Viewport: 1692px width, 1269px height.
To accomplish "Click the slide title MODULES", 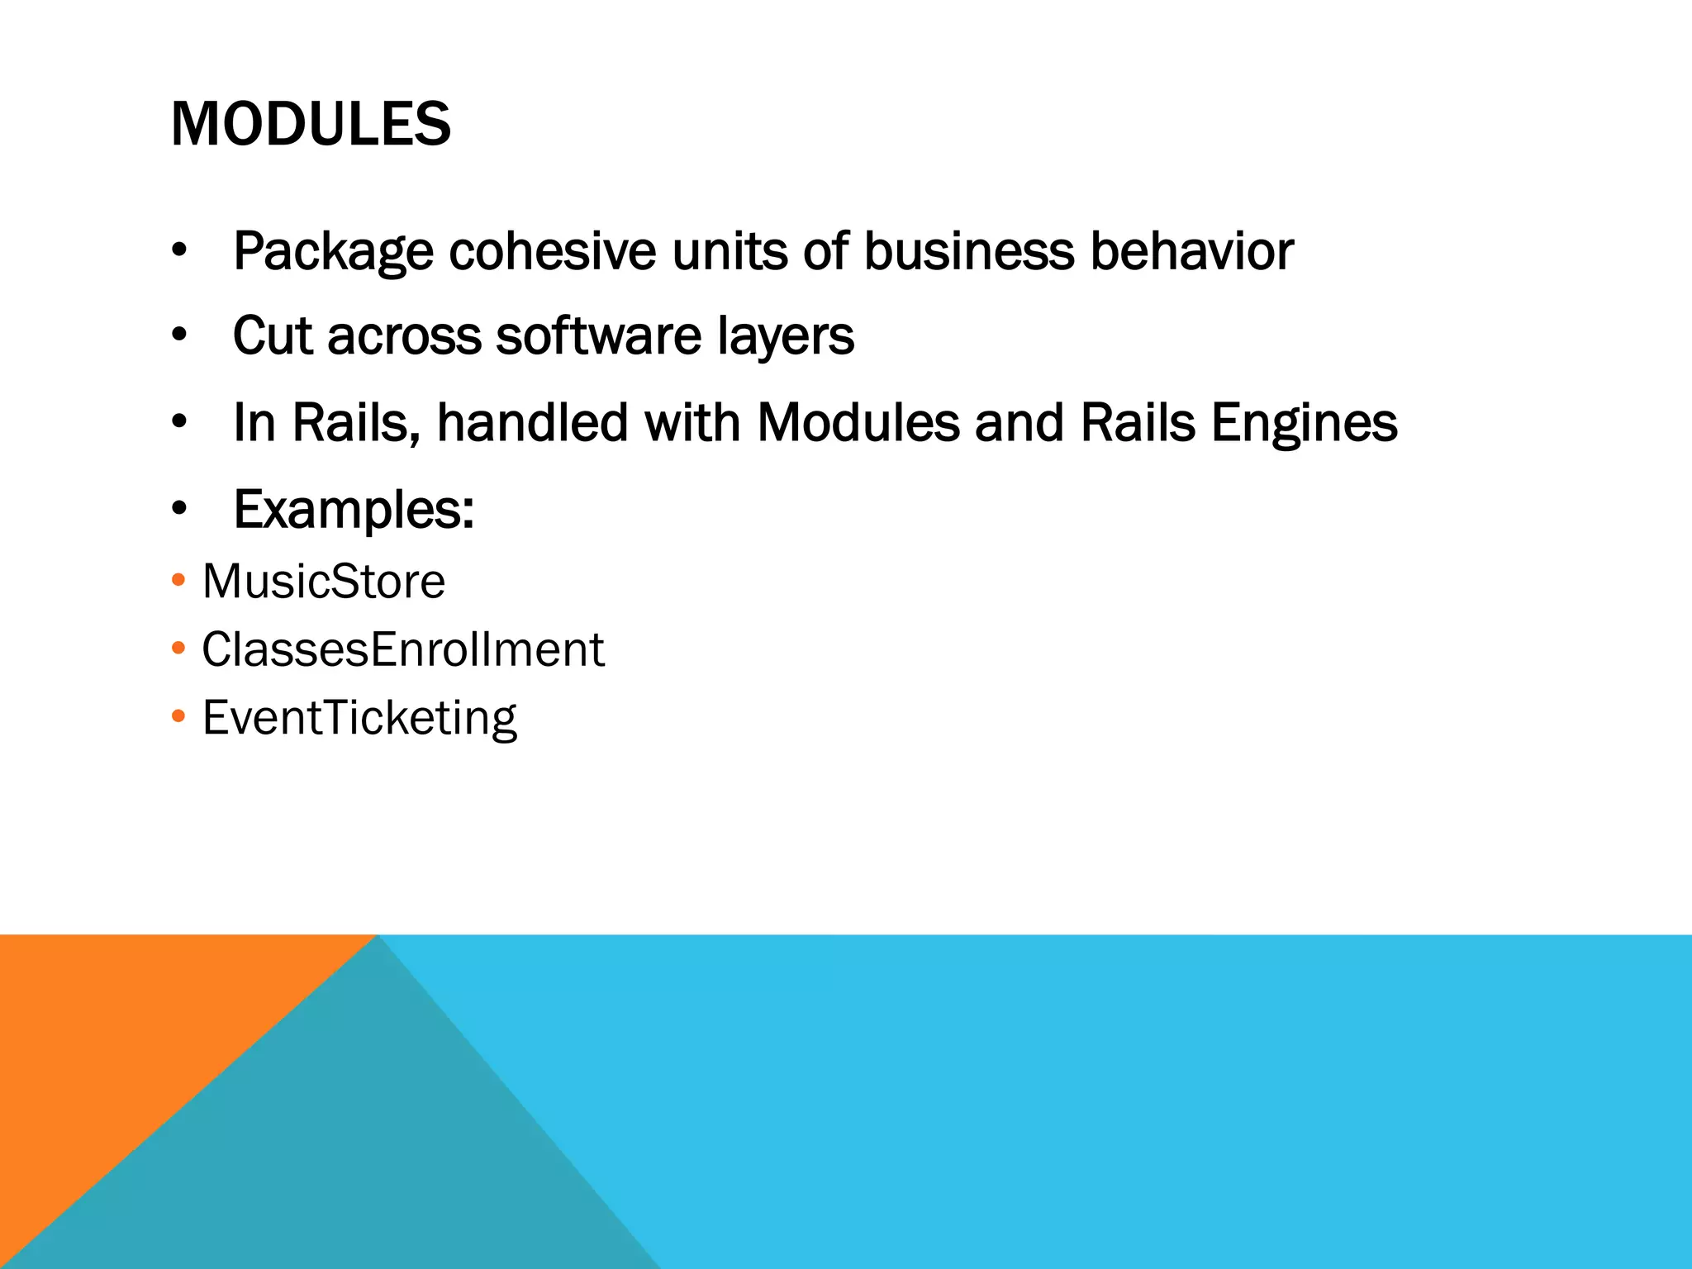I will (311, 124).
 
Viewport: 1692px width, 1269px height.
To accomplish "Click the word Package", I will (333, 251).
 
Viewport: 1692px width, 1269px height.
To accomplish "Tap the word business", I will (969, 251).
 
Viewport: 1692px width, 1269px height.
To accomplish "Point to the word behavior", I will (1191, 251).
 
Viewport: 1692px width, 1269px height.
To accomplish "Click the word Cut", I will (273, 336).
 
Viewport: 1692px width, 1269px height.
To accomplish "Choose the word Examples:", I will (354, 511).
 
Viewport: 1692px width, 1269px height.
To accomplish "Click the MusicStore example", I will (324, 581).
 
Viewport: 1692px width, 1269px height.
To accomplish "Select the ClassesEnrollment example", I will (403, 649).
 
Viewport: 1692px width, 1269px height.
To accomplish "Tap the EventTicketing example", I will (359, 718).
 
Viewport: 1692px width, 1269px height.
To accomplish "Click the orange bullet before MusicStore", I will (178, 580).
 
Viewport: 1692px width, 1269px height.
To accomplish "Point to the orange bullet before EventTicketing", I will (178, 716).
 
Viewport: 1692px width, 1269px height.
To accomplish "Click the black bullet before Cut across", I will (179, 336).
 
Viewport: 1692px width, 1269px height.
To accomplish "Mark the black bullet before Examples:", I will (179, 510).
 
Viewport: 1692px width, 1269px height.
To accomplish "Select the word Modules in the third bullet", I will (858, 423).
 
